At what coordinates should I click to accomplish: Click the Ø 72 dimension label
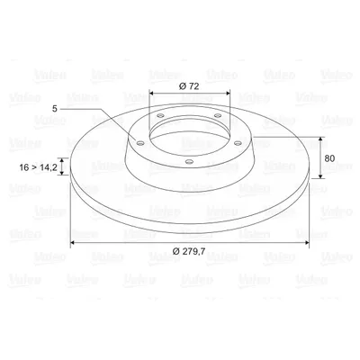[x=189, y=86]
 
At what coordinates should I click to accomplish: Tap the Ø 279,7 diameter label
[x=189, y=251]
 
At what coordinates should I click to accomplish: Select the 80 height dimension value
[x=329, y=158]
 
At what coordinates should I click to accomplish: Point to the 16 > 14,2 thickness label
[x=38, y=167]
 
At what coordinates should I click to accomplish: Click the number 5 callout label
[x=54, y=109]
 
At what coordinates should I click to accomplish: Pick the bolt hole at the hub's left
[x=139, y=143]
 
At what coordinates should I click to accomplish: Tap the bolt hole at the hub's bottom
[x=189, y=162]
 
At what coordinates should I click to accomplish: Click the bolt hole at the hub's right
[x=238, y=143]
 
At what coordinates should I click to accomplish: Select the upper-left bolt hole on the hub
[x=160, y=116]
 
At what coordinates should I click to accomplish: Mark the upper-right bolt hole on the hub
[x=218, y=115]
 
